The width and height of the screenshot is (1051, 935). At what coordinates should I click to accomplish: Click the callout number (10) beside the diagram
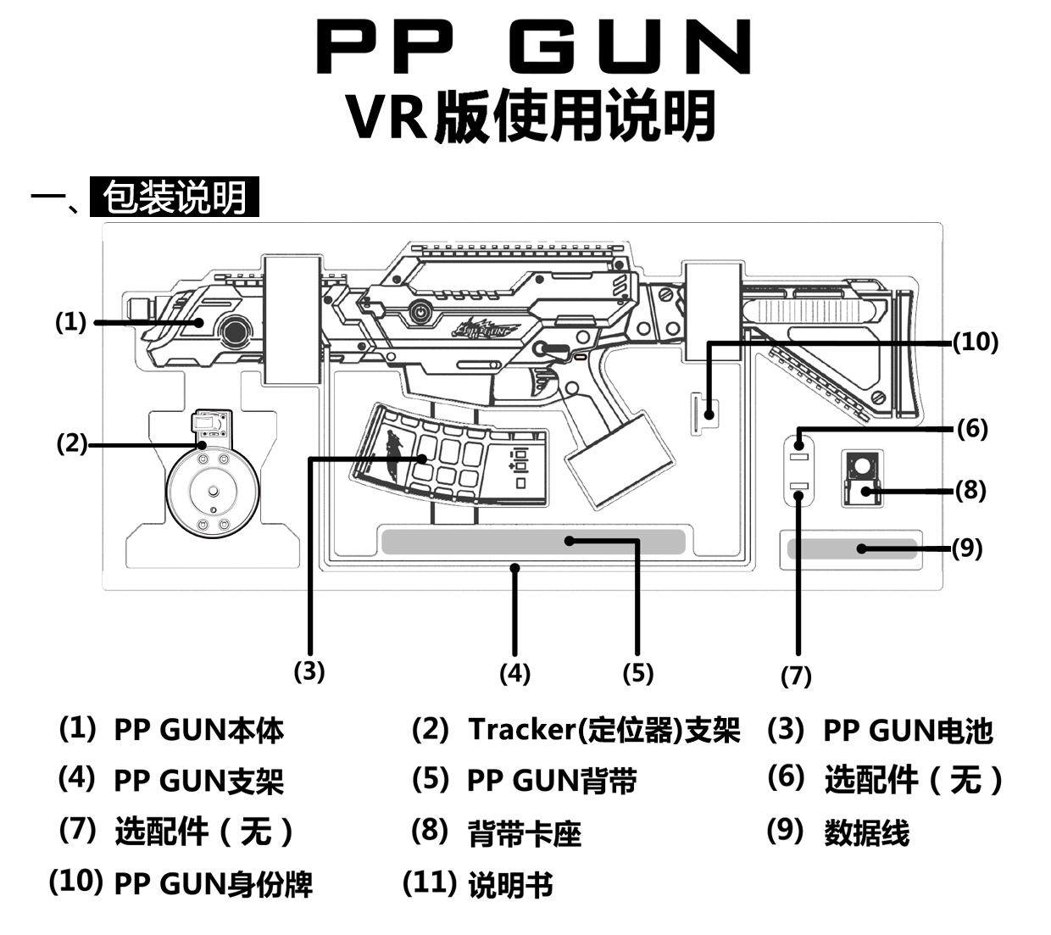coord(976,342)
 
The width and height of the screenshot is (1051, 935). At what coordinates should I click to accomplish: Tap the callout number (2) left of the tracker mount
coord(72,442)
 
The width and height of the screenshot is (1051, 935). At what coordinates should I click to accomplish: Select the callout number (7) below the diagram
coord(796,676)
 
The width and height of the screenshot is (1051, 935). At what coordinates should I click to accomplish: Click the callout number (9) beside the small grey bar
coord(967,548)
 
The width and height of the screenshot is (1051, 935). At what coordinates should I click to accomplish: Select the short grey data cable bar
coord(851,548)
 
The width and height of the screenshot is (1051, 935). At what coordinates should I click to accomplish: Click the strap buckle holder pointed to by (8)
coord(862,479)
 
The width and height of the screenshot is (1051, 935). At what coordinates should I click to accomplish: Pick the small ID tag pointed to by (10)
coord(703,413)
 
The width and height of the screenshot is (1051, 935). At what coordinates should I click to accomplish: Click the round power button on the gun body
coord(419,312)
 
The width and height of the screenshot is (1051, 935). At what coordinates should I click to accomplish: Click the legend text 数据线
coord(866,833)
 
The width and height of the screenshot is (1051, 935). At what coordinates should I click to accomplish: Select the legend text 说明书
coord(510,885)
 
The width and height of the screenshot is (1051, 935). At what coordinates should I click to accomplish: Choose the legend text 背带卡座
coord(525,833)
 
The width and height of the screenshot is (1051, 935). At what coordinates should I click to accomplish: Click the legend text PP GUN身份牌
coord(213,884)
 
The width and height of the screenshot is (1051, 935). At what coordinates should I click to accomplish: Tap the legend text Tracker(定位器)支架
coord(603,730)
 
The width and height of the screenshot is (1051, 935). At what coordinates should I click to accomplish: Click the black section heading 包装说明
coord(174,198)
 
